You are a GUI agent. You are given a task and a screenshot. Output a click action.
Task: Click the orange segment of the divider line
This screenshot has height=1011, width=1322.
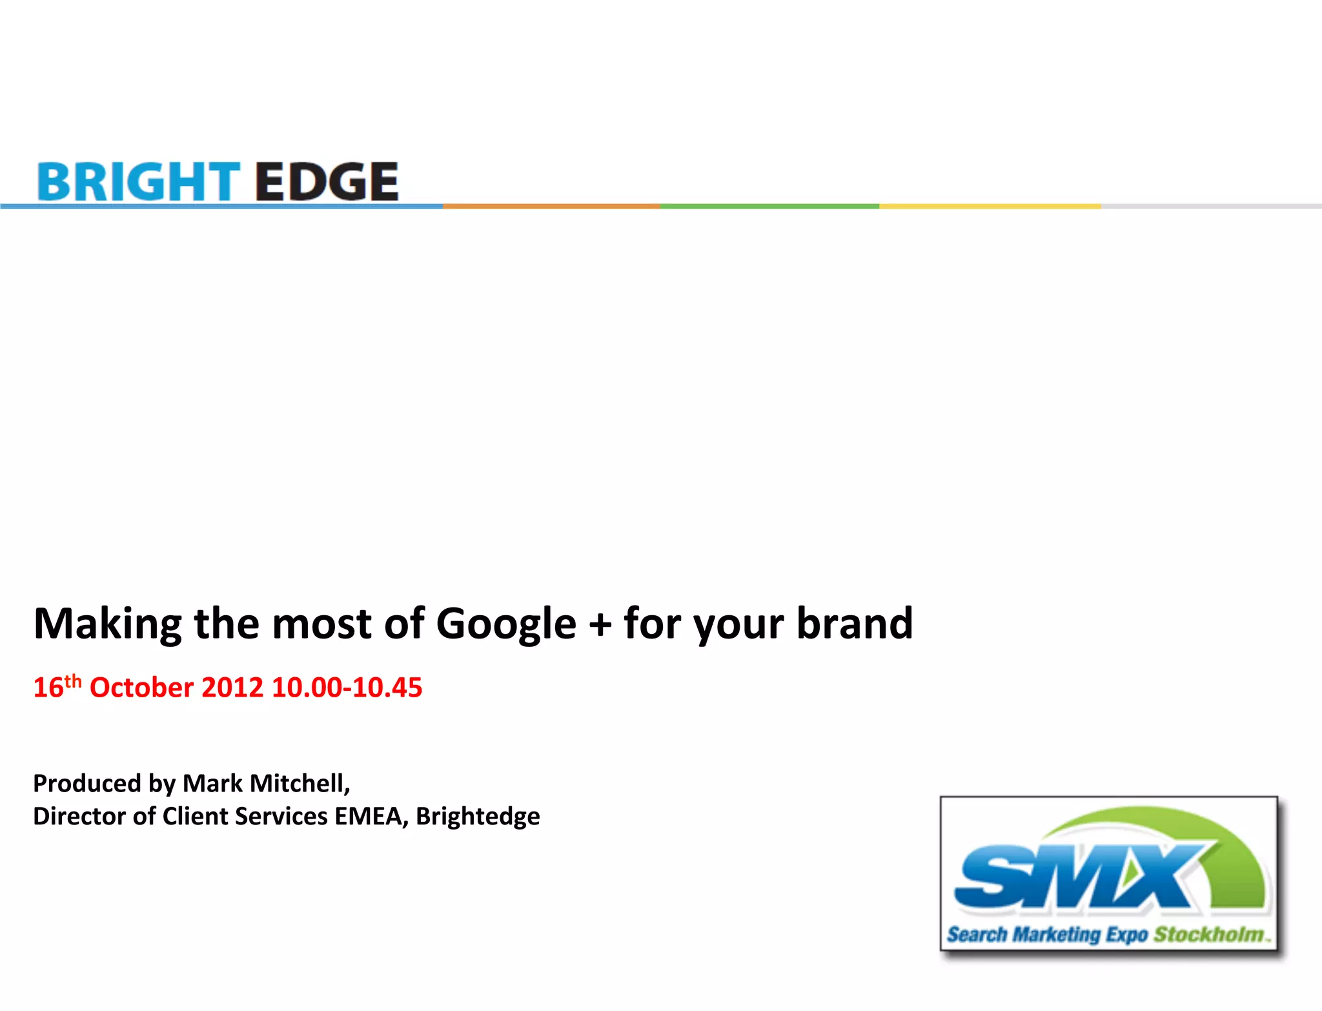point(551,206)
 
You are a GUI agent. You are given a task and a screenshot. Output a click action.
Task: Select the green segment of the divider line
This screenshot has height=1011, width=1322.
point(769,206)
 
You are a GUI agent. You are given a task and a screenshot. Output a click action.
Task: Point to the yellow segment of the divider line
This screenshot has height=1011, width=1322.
point(990,206)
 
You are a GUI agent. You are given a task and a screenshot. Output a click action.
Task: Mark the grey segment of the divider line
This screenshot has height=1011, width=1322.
point(1211,206)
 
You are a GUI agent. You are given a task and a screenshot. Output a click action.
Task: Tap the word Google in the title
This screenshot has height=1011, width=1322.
point(506,624)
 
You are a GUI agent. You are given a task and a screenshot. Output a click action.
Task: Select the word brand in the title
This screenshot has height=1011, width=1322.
point(855,623)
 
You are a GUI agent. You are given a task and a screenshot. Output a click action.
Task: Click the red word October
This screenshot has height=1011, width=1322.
point(141,687)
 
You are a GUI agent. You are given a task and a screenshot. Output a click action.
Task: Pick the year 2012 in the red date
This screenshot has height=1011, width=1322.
point(232,687)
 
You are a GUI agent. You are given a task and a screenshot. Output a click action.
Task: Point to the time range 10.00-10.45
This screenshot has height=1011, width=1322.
point(347,687)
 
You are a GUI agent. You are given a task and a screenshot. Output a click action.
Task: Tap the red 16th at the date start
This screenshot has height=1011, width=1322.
point(57,686)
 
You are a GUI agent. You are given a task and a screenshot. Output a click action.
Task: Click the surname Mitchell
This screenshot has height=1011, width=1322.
point(300,783)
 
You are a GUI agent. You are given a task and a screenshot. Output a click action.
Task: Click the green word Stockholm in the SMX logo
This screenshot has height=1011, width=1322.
point(1208,934)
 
